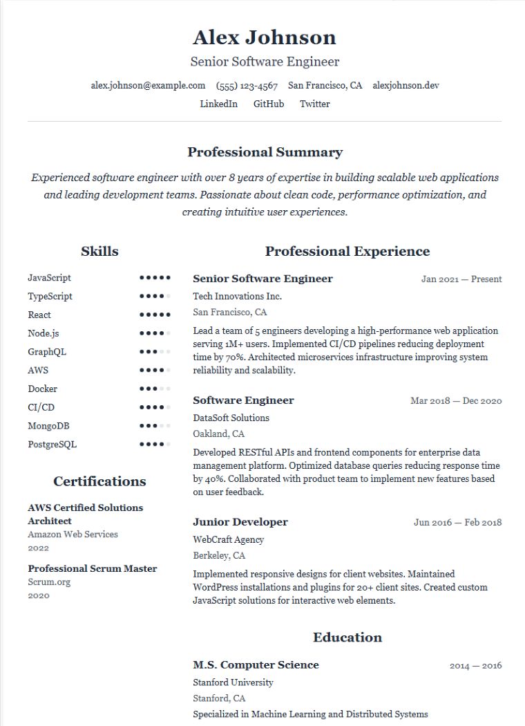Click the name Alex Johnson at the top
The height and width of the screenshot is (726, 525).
click(265, 37)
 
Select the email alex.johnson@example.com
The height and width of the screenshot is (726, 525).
click(148, 86)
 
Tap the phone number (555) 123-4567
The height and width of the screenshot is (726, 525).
click(247, 86)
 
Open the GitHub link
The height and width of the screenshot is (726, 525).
click(269, 104)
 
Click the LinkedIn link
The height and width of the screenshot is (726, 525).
click(218, 104)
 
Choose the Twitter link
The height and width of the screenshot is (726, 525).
click(314, 104)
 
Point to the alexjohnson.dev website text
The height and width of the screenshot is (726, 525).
click(405, 86)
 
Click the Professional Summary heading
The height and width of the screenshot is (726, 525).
click(265, 152)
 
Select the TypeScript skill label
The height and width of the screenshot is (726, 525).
click(50, 296)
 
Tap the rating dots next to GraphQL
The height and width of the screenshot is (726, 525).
click(155, 352)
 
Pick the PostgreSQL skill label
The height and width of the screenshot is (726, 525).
click(52, 444)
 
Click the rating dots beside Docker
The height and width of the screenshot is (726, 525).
click(155, 389)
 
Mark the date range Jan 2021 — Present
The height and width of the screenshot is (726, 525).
click(461, 279)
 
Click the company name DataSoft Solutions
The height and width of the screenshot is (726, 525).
click(231, 418)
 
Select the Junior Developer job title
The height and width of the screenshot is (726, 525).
click(240, 522)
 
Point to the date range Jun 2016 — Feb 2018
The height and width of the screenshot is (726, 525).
click(457, 523)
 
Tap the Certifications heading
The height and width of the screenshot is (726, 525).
click(99, 481)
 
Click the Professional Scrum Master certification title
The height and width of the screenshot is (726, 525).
click(93, 568)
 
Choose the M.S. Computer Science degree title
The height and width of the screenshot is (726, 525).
click(256, 665)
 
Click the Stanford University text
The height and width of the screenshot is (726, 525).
click(233, 682)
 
